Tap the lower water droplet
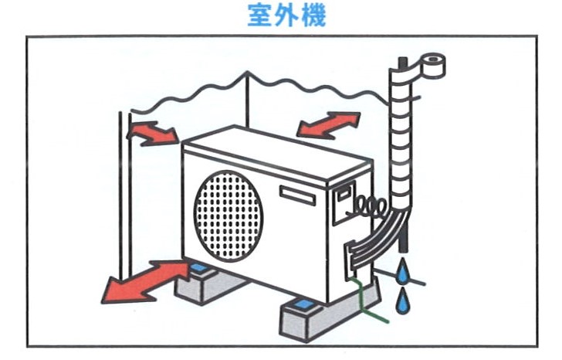[402, 303]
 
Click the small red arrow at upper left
[151, 132]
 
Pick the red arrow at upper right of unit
[329, 124]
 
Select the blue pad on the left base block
[203, 270]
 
